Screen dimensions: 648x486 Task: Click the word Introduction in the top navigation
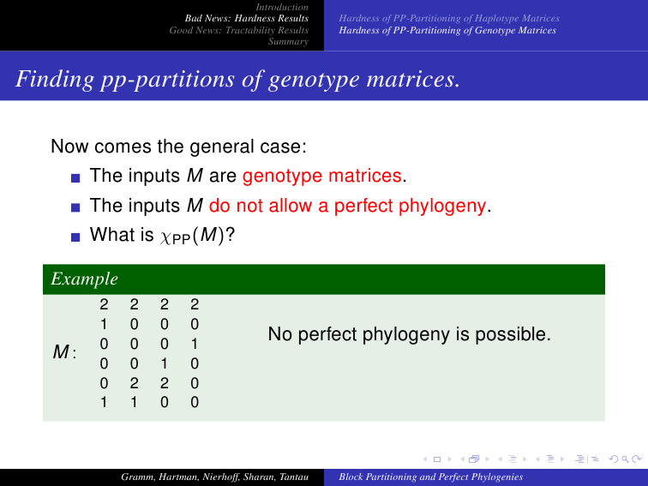[282, 7]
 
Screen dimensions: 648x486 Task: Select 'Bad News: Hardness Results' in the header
[246, 18]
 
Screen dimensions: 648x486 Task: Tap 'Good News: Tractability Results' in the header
[238, 30]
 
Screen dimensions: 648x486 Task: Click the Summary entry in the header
[288, 41]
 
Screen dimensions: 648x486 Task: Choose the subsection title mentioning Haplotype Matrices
[449, 18]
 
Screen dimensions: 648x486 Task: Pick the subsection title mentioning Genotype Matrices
[447, 30]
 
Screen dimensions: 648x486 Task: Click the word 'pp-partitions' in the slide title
[167, 80]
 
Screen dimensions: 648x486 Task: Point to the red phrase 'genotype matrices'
[322, 176]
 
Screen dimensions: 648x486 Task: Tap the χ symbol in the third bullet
[165, 237]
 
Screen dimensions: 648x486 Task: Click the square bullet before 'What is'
[75, 237]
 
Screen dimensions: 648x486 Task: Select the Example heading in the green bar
[84, 279]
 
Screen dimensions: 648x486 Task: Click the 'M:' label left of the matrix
[64, 352]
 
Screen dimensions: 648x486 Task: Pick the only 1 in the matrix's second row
[104, 324]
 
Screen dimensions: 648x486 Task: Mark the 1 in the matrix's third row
[195, 344]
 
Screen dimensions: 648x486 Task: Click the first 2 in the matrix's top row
[104, 304]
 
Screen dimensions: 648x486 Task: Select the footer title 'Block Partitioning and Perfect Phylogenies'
[430, 477]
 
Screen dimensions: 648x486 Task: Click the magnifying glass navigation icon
[625, 459]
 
